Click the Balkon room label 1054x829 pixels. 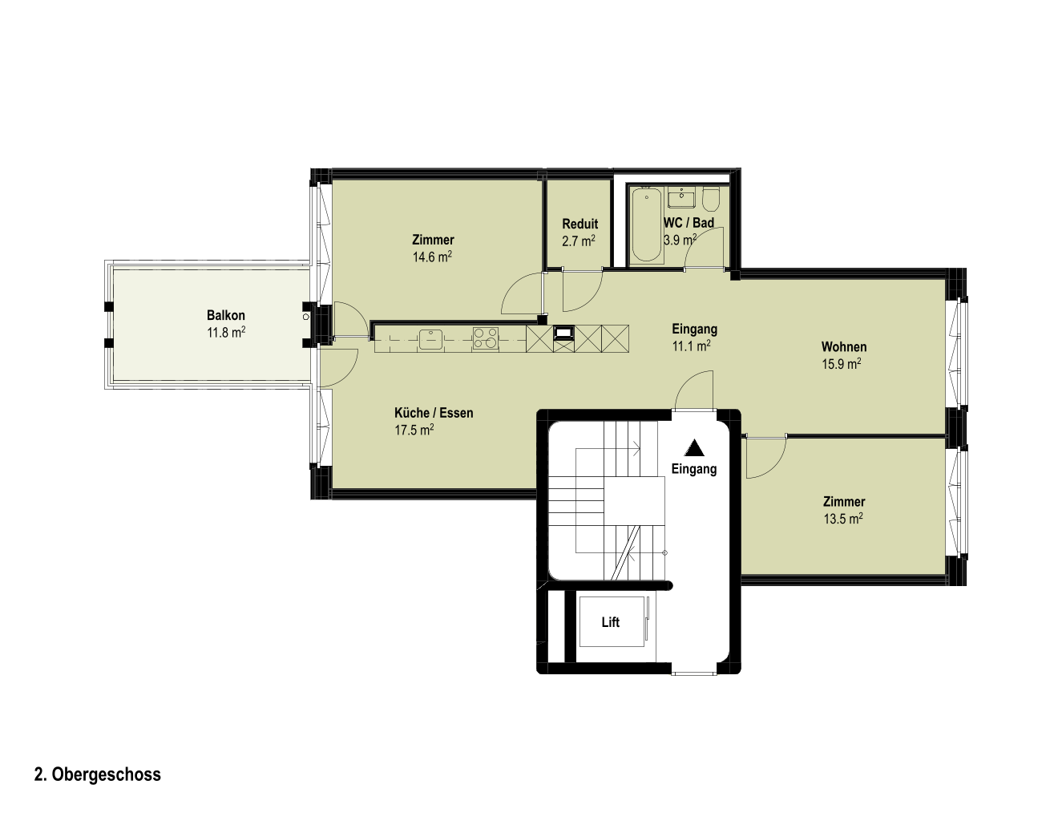pyautogui.click(x=226, y=315)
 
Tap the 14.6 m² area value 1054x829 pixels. pyautogui.click(x=432, y=257)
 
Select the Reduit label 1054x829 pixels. pyautogui.click(x=579, y=224)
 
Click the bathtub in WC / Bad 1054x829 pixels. pyautogui.click(x=647, y=224)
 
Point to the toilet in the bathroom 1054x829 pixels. pyautogui.click(x=711, y=198)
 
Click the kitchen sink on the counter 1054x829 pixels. pyautogui.click(x=431, y=339)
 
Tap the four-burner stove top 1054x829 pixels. pyautogui.click(x=486, y=338)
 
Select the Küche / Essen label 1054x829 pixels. pyautogui.click(x=434, y=413)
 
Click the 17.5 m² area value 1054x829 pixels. pyautogui.click(x=414, y=431)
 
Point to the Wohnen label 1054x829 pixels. pyautogui.click(x=844, y=347)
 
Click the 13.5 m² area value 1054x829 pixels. pyautogui.click(x=843, y=519)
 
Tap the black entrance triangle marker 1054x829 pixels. pyautogui.click(x=694, y=448)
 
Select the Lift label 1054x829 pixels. pyautogui.click(x=610, y=622)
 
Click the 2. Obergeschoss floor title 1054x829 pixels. pyautogui.click(x=98, y=774)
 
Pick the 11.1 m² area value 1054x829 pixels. pyautogui.click(x=691, y=346)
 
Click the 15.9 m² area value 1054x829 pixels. pyautogui.click(x=842, y=364)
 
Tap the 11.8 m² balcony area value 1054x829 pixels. pyautogui.click(x=226, y=332)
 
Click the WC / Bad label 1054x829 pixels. pyautogui.click(x=689, y=223)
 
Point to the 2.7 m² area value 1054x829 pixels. pyautogui.click(x=579, y=241)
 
